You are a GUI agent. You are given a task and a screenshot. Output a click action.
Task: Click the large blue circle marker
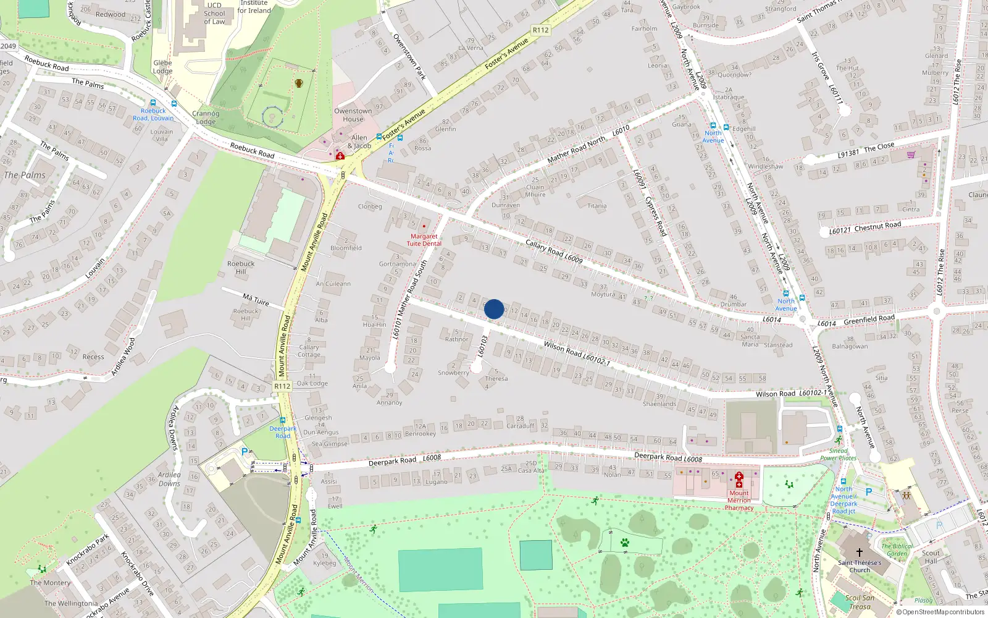[x=494, y=309]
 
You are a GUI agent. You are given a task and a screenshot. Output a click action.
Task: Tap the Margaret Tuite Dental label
[x=424, y=240]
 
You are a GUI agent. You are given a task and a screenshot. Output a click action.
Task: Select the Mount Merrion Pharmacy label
[x=739, y=501]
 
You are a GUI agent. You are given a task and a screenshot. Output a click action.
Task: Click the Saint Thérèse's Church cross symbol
[x=859, y=552]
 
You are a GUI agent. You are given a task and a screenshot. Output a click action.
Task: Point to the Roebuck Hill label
[x=241, y=268]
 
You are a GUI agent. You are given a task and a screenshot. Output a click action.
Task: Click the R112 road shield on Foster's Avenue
[x=540, y=30]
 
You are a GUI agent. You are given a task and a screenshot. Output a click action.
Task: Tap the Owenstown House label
[x=353, y=115]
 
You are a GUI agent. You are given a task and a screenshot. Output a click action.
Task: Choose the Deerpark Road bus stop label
[x=283, y=432]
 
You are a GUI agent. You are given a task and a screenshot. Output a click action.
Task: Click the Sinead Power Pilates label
[x=839, y=454]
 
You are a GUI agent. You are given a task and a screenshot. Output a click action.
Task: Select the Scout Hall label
[x=931, y=557]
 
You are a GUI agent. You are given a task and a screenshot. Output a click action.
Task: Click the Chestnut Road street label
[x=865, y=228]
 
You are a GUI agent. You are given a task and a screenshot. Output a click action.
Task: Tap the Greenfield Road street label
[x=869, y=320]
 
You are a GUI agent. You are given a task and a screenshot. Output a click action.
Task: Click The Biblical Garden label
[x=897, y=549]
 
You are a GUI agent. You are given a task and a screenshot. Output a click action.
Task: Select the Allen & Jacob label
[x=359, y=142]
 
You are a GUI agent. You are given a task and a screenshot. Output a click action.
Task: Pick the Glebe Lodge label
[x=163, y=67]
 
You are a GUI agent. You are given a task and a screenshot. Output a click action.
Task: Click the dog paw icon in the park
[x=625, y=543]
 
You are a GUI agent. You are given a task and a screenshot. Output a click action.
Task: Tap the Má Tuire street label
[x=256, y=300]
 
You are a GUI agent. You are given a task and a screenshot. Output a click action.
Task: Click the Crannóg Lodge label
[x=206, y=117]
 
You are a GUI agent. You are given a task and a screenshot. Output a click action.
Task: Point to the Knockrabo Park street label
[x=88, y=549]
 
